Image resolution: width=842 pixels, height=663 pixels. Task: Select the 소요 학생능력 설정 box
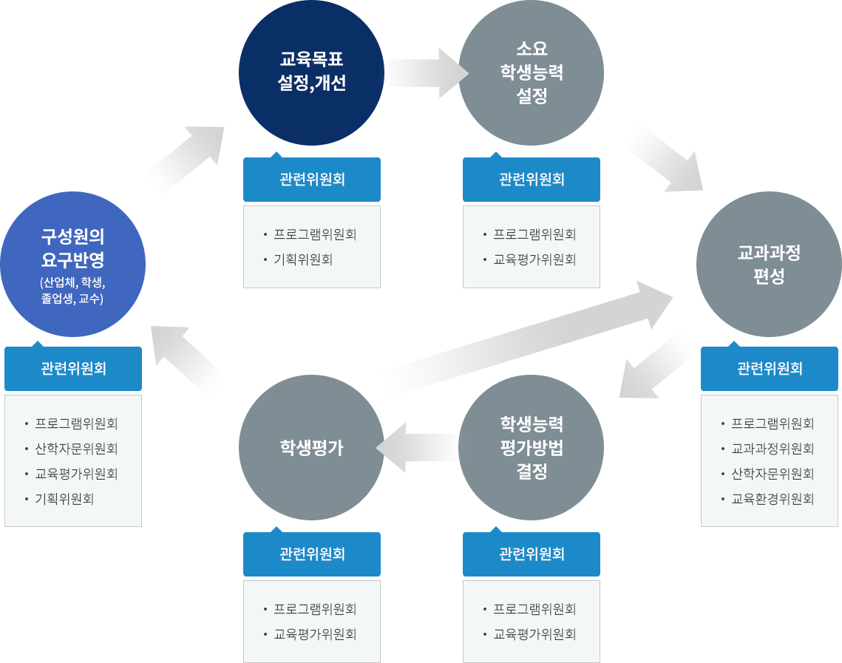[531, 72]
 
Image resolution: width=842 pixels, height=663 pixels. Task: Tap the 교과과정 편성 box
[769, 264]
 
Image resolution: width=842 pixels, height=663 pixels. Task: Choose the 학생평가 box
[311, 447]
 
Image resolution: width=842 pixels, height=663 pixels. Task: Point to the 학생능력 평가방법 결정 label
[532, 447]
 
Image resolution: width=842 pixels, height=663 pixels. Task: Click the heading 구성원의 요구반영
[72, 248]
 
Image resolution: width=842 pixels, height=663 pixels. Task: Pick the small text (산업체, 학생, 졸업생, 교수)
[72, 290]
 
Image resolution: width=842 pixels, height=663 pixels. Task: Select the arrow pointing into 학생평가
[418, 447]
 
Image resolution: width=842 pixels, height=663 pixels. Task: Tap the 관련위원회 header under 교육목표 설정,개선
[312, 179]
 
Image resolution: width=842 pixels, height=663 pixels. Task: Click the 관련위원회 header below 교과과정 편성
[770, 368]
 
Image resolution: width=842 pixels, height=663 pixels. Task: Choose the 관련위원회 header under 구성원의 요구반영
[73, 368]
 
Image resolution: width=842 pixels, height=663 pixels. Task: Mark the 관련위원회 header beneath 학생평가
[312, 554]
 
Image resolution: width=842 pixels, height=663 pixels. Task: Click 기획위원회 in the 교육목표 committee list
[303, 259]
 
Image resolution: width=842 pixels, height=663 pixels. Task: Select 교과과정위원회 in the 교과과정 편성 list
[773, 449]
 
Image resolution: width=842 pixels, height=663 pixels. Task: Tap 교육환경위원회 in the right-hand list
[773, 499]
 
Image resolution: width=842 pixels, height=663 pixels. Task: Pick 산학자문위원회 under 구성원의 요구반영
[76, 449]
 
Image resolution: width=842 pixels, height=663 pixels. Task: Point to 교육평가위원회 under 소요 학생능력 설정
[534, 259]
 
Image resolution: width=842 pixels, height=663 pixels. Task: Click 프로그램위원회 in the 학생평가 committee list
[315, 609]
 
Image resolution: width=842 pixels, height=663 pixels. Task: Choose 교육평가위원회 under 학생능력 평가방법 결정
[534, 634]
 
